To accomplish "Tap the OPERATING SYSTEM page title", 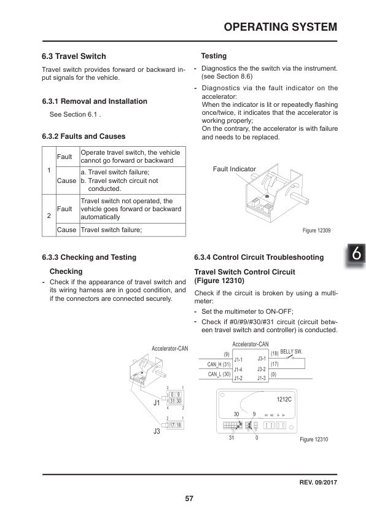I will [x=280, y=27].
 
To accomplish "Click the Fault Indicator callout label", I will [x=234, y=168].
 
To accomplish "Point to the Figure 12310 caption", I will [x=314, y=440].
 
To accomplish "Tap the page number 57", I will [x=189, y=498].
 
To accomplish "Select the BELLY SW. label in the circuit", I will [x=291, y=351].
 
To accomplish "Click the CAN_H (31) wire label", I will [x=218, y=364].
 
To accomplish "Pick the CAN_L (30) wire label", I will [x=218, y=374].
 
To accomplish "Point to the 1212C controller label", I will [x=284, y=399].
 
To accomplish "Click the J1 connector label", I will [x=157, y=403].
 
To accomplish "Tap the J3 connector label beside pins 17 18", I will [x=156, y=432].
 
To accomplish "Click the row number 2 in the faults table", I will [x=49, y=216].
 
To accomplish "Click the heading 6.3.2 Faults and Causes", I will [x=84, y=136].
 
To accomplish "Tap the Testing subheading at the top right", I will [x=214, y=56].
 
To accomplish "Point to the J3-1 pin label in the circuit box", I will [x=261, y=358].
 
